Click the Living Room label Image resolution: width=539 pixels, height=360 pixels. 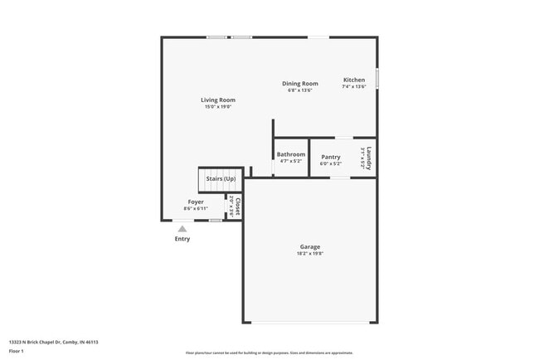click(x=218, y=100)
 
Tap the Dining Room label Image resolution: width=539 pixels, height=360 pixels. click(x=300, y=84)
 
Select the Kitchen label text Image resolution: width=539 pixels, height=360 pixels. click(x=354, y=80)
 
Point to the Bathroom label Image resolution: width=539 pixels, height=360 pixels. click(x=291, y=154)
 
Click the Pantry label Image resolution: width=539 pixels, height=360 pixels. click(x=331, y=157)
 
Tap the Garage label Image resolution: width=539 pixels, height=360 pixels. click(x=310, y=246)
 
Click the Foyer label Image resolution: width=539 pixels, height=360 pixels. click(x=196, y=202)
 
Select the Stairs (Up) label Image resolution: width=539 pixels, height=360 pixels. click(x=221, y=179)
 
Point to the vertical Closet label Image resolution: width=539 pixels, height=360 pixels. click(x=237, y=205)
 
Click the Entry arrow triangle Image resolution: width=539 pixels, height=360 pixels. click(x=182, y=228)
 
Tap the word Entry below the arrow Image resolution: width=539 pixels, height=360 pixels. click(x=182, y=239)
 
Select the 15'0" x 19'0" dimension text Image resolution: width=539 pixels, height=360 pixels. click(x=218, y=107)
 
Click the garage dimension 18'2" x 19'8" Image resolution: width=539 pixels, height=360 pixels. click(x=310, y=253)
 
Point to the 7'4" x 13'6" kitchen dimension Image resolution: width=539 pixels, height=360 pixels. click(x=354, y=87)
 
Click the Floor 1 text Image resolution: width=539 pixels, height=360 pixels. click(x=17, y=352)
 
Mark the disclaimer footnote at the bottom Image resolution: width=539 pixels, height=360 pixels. click(x=269, y=353)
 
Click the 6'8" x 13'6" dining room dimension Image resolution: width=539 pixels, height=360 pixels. click(x=300, y=90)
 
